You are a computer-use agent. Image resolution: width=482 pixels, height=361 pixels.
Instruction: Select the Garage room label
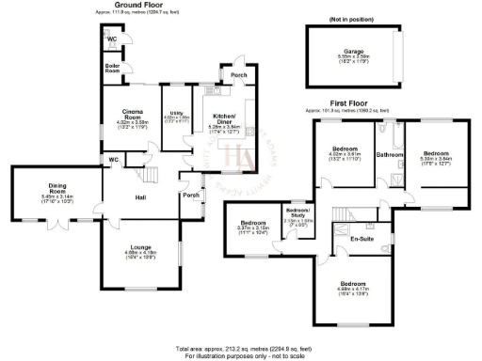pyautogui.click(x=354, y=51)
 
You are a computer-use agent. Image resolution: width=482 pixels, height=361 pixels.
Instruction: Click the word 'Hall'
pyautogui.click(x=139, y=196)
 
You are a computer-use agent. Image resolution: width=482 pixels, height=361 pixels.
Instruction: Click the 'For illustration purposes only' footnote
pyautogui.click(x=240, y=355)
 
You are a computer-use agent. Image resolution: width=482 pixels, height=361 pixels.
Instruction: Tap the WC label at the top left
pyautogui.click(x=111, y=39)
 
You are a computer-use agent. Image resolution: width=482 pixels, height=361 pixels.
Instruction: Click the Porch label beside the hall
pyautogui.click(x=191, y=196)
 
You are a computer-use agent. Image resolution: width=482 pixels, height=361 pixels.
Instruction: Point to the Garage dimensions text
pyautogui.click(x=354, y=58)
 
